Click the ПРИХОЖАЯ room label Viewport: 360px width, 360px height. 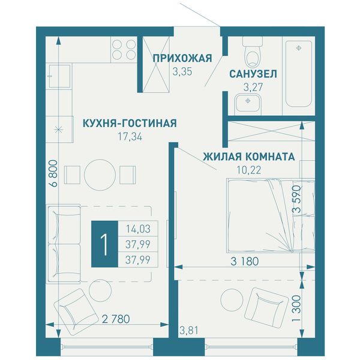[x=182, y=58]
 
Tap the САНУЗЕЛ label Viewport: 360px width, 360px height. [x=253, y=74]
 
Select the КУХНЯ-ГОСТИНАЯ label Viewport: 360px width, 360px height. [x=130, y=123]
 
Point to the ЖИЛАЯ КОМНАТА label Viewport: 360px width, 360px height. [x=249, y=157]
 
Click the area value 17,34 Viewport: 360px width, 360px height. [x=130, y=137]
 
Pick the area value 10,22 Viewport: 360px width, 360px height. [x=249, y=170]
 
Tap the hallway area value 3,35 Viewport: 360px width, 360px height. [x=182, y=72]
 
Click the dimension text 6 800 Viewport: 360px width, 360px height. [x=53, y=173]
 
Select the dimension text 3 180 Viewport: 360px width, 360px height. [x=245, y=261]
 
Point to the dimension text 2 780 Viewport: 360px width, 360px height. [x=116, y=319]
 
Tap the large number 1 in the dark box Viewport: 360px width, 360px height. [x=104, y=244]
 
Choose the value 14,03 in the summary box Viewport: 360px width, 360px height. [x=138, y=229]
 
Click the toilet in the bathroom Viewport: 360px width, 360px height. [x=253, y=52]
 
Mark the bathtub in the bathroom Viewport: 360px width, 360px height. [x=298, y=74]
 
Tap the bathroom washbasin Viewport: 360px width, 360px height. [x=248, y=104]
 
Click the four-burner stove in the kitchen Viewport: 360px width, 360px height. [x=124, y=49]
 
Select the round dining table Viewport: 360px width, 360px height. [x=100, y=175]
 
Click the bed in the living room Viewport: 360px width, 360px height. [x=271, y=215]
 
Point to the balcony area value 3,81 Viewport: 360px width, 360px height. [x=188, y=331]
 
